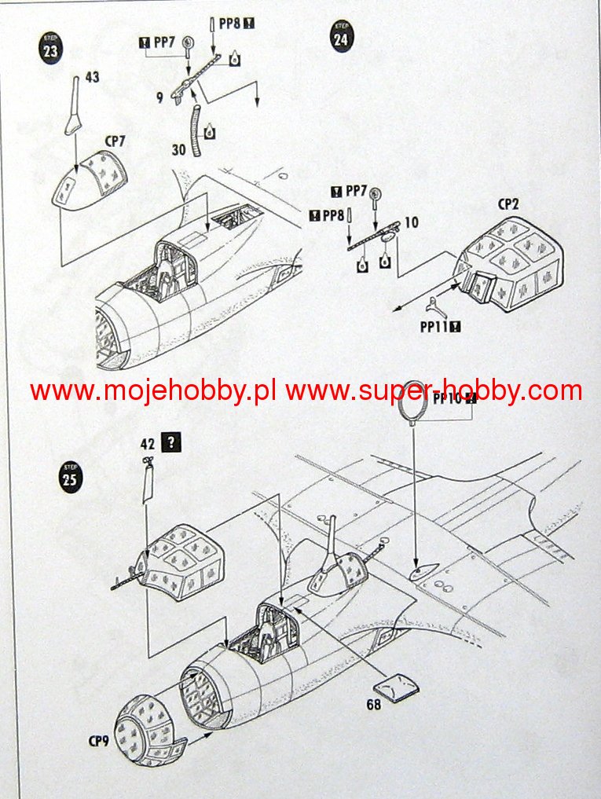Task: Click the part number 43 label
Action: point(92,78)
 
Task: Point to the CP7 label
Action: point(115,141)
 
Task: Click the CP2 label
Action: point(508,203)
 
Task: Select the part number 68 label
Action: point(373,704)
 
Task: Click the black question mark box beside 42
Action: point(170,442)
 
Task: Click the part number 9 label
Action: point(160,98)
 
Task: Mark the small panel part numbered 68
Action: point(401,684)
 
